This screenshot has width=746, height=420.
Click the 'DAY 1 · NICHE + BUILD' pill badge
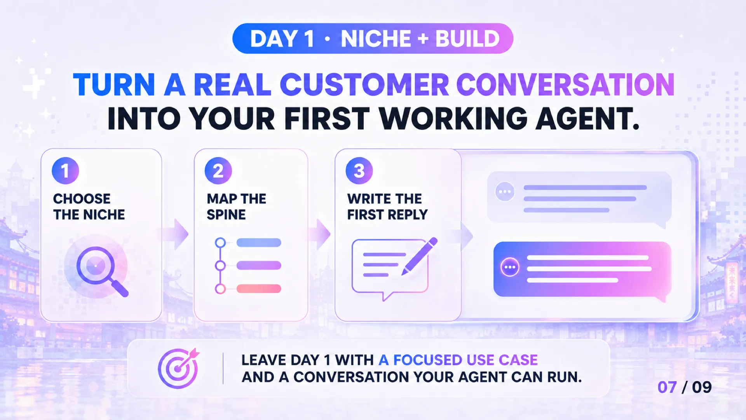(x=373, y=38)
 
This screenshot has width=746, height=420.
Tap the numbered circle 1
(x=65, y=171)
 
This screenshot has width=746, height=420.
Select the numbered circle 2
(x=218, y=171)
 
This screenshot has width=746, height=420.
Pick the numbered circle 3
(x=359, y=171)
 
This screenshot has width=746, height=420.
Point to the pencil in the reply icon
(x=419, y=256)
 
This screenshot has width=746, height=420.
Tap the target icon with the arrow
(x=178, y=368)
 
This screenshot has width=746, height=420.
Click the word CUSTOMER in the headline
(x=364, y=85)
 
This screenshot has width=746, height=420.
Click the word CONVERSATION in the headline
(x=565, y=85)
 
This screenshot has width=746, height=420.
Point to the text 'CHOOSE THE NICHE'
(x=89, y=206)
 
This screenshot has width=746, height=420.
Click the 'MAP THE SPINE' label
(x=236, y=206)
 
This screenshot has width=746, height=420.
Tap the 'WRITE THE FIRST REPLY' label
(x=387, y=206)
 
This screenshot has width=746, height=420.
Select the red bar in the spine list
(x=259, y=289)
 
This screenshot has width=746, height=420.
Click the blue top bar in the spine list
(x=259, y=243)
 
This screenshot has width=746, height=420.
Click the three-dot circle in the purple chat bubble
(x=510, y=267)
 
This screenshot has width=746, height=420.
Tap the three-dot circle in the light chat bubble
(x=505, y=192)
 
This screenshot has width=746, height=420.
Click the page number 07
(x=667, y=387)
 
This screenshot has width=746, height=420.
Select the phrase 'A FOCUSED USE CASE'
(x=458, y=360)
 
